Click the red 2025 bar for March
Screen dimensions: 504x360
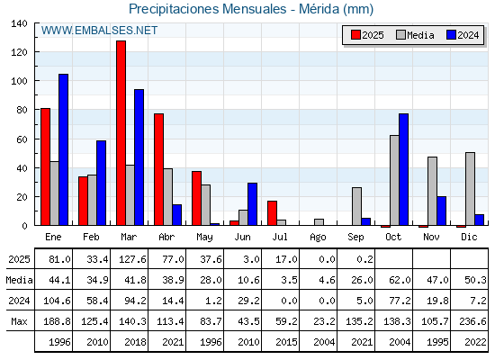click(x=121, y=133)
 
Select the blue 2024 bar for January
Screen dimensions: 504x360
click(x=63, y=149)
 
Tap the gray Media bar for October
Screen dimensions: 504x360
click(x=394, y=180)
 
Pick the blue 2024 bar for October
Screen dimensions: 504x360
click(x=404, y=169)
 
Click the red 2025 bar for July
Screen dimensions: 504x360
click(x=272, y=212)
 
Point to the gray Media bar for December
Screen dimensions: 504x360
click(x=470, y=189)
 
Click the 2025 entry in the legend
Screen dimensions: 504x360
click(x=367, y=35)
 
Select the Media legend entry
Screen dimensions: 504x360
click(x=415, y=35)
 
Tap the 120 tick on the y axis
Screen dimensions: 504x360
click(x=19, y=52)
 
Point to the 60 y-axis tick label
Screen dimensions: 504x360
click(x=22, y=139)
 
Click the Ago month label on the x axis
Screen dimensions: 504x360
click(x=318, y=238)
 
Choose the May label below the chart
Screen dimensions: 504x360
click(x=204, y=238)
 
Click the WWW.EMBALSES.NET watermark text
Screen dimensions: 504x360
click(x=99, y=31)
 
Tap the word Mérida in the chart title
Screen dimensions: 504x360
click(x=319, y=9)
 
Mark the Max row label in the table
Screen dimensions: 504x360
click(x=19, y=321)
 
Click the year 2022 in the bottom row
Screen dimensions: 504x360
click(x=475, y=342)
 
